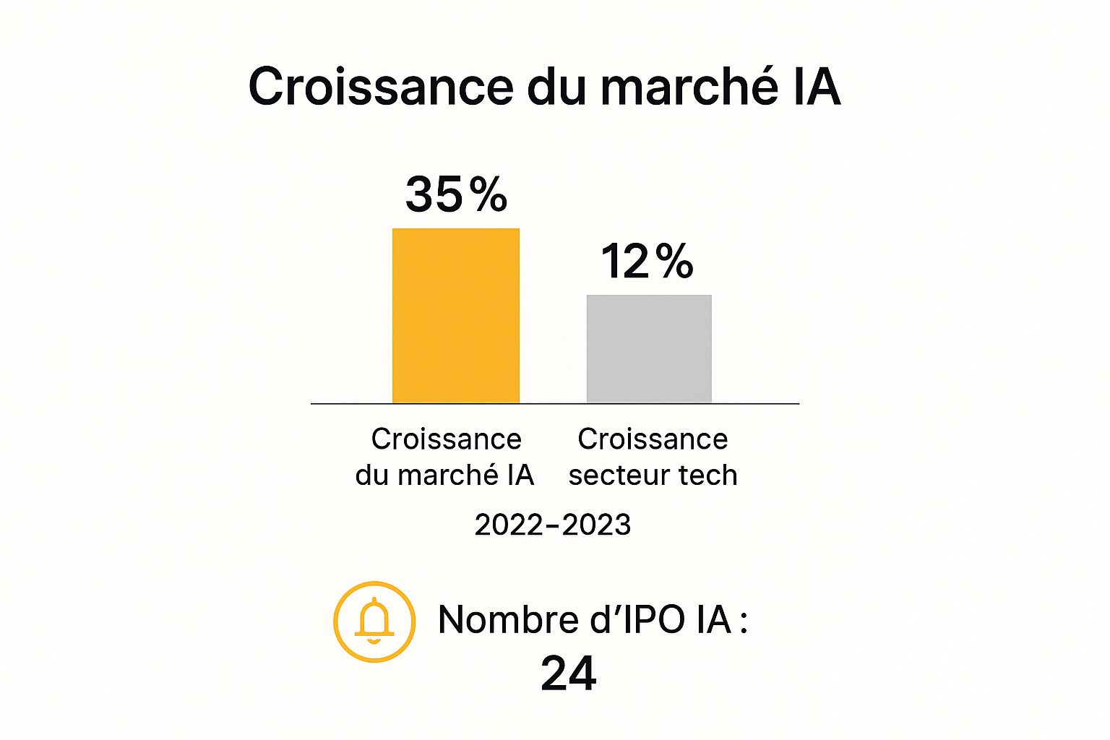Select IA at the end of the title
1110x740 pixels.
817,87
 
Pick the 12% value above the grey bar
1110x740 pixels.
647,261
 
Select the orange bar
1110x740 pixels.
456,316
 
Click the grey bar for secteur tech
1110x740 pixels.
649,348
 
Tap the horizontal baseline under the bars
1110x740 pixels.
555,403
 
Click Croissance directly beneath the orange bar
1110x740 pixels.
446,439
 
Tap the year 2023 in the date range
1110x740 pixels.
596,525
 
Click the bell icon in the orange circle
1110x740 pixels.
374,621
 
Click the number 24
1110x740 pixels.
568,674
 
